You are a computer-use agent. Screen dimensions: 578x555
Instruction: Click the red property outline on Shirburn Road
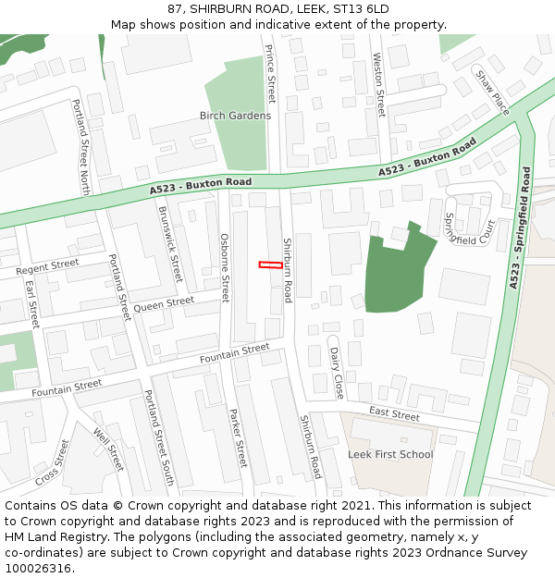click(x=270, y=265)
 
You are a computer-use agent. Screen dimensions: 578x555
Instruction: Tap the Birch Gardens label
click(x=236, y=116)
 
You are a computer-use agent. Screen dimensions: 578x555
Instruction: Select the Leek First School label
click(x=390, y=454)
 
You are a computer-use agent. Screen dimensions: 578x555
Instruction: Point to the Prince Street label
click(x=271, y=74)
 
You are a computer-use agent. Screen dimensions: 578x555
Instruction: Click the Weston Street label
click(x=378, y=84)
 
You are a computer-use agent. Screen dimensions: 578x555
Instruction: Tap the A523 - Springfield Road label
click(x=520, y=228)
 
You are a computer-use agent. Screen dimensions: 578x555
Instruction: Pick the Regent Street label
click(x=48, y=267)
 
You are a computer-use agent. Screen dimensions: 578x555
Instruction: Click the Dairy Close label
click(x=337, y=373)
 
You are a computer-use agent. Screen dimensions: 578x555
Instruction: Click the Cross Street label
click(x=53, y=462)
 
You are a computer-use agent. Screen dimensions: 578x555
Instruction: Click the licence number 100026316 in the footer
click(x=38, y=568)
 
